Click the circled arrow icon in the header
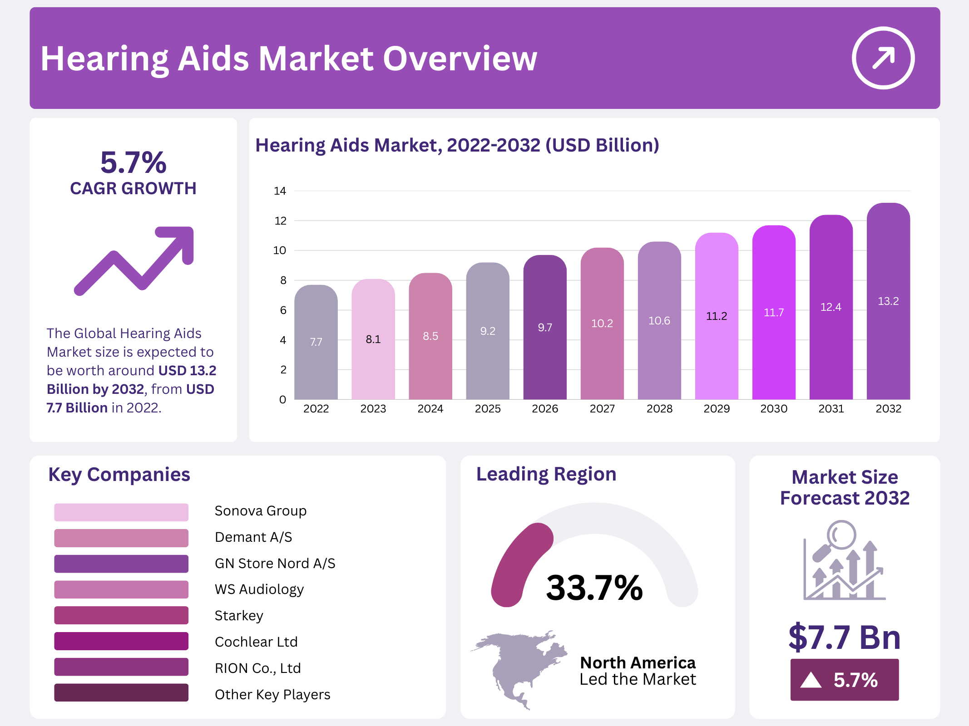(x=883, y=58)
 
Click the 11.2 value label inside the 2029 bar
(x=717, y=316)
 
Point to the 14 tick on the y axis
(x=280, y=191)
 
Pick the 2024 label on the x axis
(x=430, y=409)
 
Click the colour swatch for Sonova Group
(x=121, y=512)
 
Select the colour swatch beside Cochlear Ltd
(x=121, y=641)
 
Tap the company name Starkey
(x=239, y=616)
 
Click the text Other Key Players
(x=272, y=694)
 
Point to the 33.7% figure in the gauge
(x=594, y=588)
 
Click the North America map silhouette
(x=522, y=667)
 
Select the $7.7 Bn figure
(x=844, y=638)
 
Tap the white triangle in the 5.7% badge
(x=811, y=680)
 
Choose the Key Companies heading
(x=119, y=475)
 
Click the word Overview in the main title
(x=460, y=59)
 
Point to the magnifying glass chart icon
(x=844, y=561)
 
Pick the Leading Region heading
(x=546, y=474)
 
